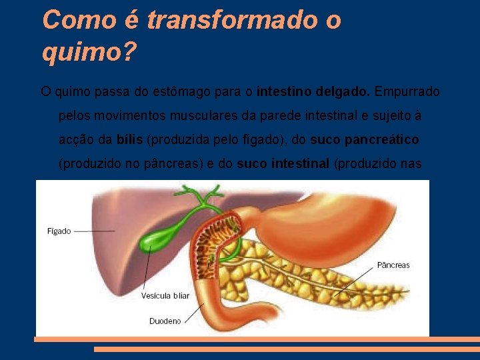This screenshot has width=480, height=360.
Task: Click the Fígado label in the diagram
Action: tap(59, 231)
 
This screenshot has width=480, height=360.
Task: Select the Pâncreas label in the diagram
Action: tap(393, 265)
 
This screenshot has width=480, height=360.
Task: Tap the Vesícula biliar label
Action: tap(165, 295)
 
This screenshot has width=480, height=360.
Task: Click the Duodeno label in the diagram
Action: tap(165, 321)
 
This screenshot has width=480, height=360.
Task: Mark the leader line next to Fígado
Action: tap(93, 231)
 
